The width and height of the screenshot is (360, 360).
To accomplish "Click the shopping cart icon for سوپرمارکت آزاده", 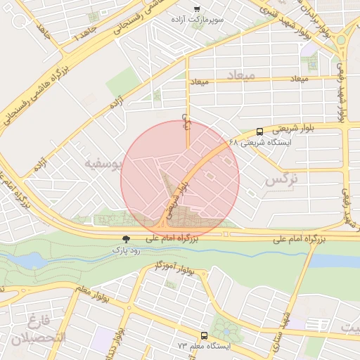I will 197,8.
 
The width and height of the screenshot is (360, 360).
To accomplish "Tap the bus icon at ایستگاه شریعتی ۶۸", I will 259,131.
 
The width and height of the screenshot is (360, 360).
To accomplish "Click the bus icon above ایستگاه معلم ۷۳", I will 204,335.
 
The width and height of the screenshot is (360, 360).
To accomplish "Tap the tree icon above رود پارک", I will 126,239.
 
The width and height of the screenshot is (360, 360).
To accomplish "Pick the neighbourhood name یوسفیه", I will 103,163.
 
